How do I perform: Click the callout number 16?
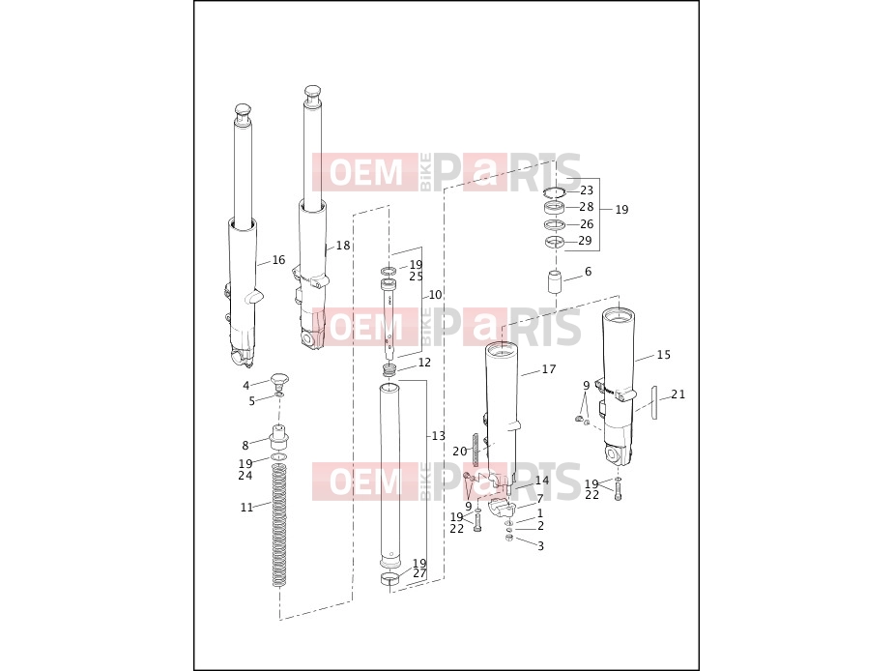[x=278, y=260]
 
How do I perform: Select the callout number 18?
[x=343, y=246]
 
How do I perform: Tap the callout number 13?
[x=438, y=436]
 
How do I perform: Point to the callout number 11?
[x=246, y=508]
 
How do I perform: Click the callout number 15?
[x=664, y=355]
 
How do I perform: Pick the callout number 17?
[x=549, y=369]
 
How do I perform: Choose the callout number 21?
[x=678, y=394]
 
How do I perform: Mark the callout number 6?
[x=588, y=272]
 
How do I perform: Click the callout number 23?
[x=587, y=190]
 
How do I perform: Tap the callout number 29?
[x=585, y=241]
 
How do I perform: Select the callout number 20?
[x=459, y=452]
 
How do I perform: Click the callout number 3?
[x=540, y=546]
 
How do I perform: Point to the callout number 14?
[x=541, y=481]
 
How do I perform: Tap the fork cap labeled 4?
[x=279, y=379]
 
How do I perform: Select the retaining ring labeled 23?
[x=554, y=190]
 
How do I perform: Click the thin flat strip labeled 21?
[x=654, y=402]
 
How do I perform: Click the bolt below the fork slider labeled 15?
[x=619, y=491]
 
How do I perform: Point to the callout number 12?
[x=424, y=363]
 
